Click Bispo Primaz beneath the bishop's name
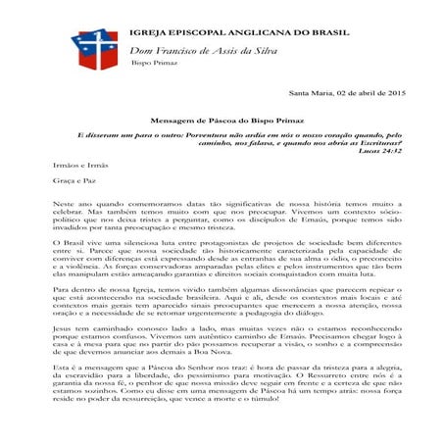149,61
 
